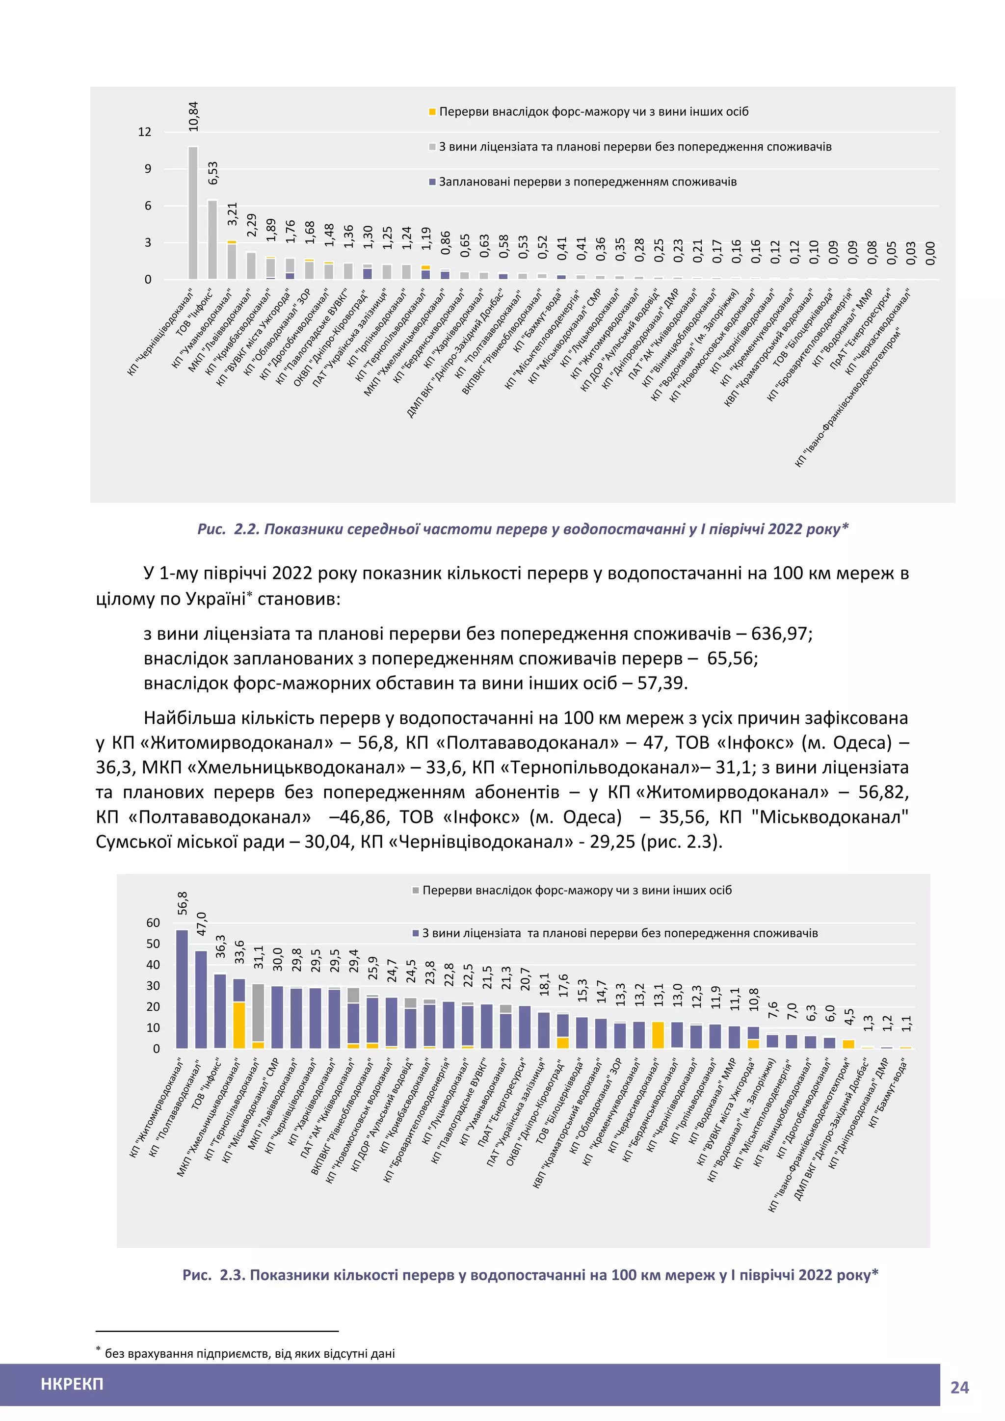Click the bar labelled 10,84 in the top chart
click(x=193, y=213)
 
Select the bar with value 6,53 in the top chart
click(x=212, y=240)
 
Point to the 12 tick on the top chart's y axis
click(x=144, y=132)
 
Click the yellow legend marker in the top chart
click(x=432, y=112)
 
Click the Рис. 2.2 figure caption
click(x=522, y=529)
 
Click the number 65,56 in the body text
click(x=732, y=658)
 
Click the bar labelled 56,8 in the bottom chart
click(x=182, y=990)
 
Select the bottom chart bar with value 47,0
click(x=201, y=1000)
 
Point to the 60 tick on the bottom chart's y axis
click(x=153, y=923)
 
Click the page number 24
click(x=959, y=1388)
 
